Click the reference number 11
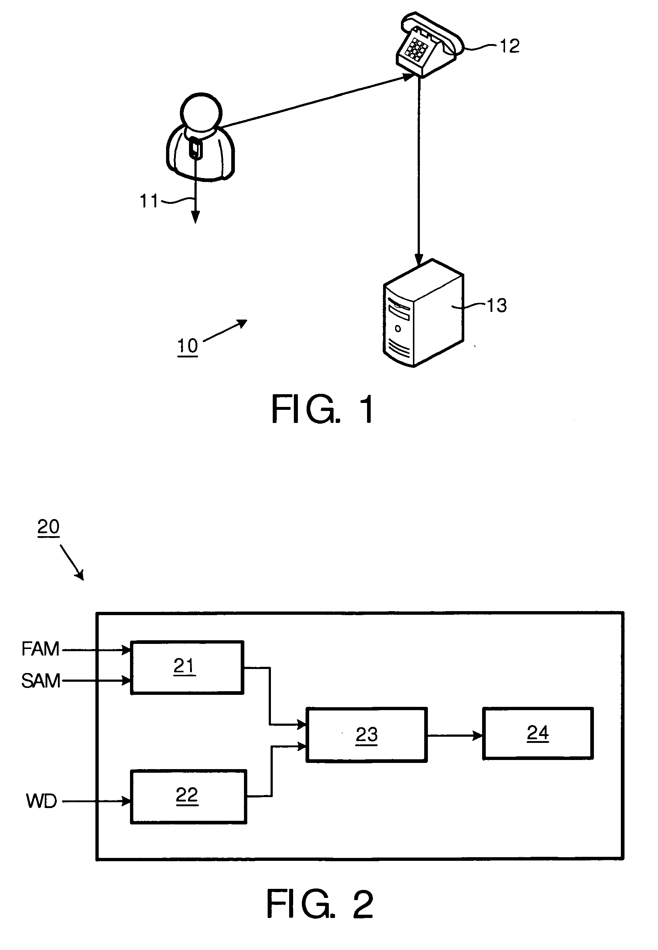[149, 201]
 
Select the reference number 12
[509, 46]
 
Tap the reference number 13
[497, 305]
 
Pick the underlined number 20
[48, 527]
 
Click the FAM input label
[40, 649]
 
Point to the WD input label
[41, 801]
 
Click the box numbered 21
[187, 667]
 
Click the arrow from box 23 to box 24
[455, 735]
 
